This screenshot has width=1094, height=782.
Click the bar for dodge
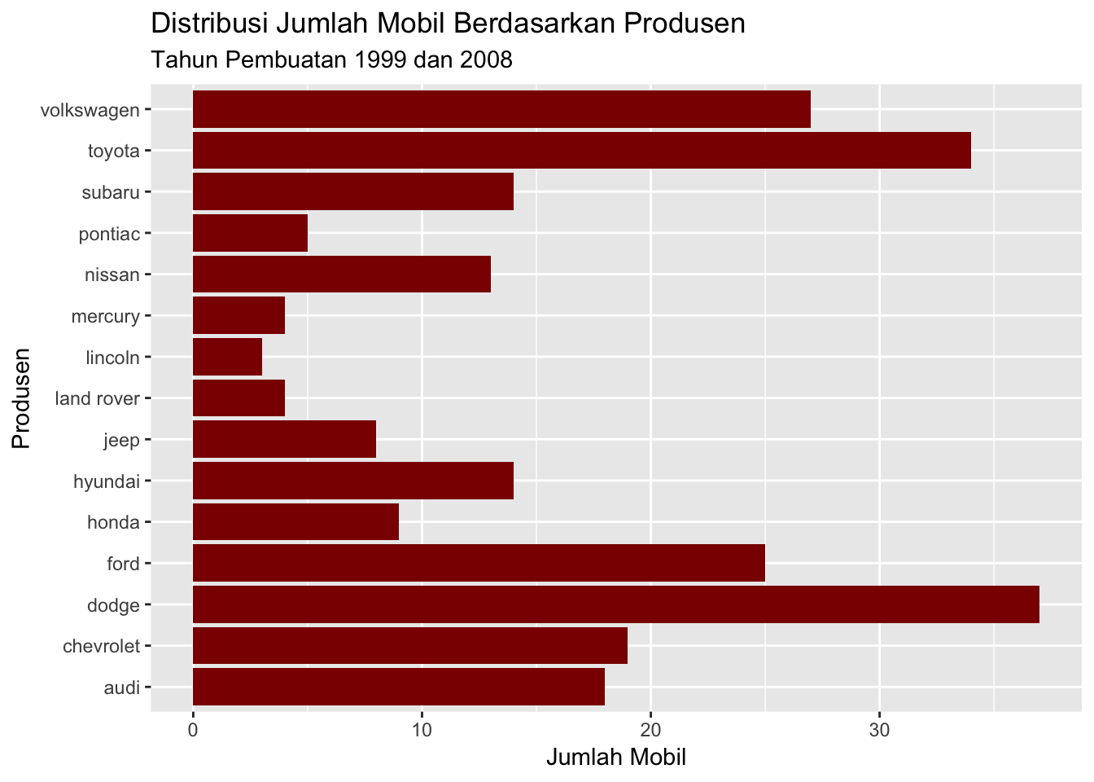[x=615, y=604]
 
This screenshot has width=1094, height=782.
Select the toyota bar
[x=581, y=151]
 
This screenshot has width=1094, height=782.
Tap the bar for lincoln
[x=227, y=357]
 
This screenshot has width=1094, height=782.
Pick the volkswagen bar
[x=501, y=109]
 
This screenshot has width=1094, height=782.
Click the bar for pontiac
[x=250, y=233]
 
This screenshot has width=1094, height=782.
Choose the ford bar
[x=479, y=563]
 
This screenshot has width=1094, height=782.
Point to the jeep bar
[x=284, y=440]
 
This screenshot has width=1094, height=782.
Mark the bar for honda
[x=295, y=522]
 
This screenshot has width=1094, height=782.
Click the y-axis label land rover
[x=98, y=398]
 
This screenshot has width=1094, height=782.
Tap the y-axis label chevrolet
[x=102, y=647]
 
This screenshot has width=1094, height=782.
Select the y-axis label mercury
[x=106, y=316]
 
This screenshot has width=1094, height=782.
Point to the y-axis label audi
[x=122, y=688]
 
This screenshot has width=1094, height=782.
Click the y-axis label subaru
[x=111, y=192]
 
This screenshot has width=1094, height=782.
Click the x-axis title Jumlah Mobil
[x=616, y=758]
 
